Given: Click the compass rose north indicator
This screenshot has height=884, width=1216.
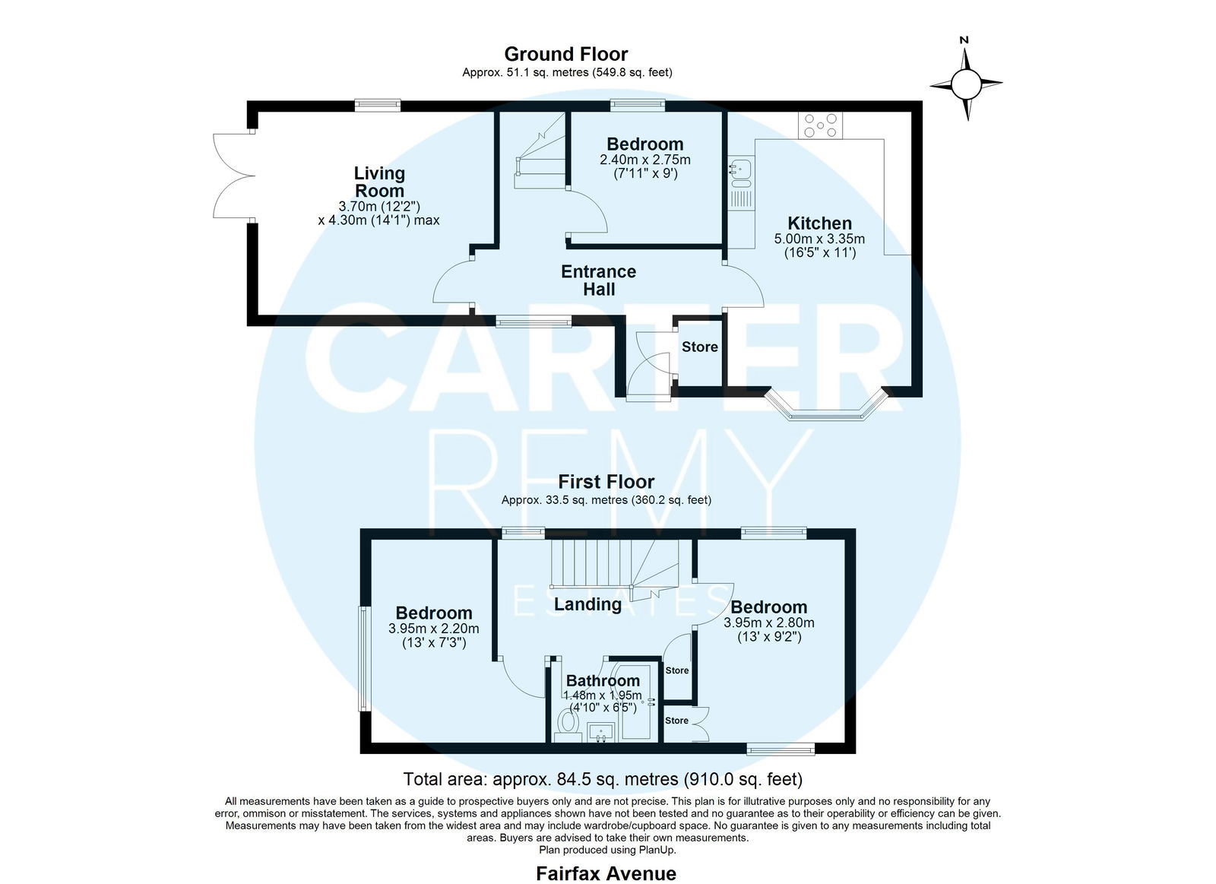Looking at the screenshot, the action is click(966, 79).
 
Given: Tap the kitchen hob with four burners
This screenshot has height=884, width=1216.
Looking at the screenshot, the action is click(820, 125).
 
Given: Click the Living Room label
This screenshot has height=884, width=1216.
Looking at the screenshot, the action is click(379, 182).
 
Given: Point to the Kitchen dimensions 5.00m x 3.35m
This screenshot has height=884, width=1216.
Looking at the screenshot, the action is click(819, 239).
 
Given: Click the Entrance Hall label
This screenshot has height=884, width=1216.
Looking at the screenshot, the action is click(598, 280).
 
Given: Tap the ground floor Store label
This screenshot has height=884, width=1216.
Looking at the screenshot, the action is click(700, 347).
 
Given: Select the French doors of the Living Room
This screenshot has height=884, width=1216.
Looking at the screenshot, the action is click(233, 176).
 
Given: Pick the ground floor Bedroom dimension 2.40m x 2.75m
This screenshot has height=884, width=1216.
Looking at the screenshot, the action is click(645, 160).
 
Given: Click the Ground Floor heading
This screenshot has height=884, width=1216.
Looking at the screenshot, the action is click(566, 54).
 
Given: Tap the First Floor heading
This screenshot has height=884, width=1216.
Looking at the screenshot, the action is click(606, 482).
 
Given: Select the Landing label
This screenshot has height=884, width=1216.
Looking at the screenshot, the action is click(587, 604).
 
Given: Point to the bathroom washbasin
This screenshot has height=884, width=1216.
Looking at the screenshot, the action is click(600, 731).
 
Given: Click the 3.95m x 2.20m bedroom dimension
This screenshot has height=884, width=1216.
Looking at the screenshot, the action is click(434, 629).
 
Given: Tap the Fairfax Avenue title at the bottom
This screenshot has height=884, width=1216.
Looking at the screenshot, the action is click(606, 873).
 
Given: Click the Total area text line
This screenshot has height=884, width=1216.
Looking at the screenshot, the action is click(603, 779).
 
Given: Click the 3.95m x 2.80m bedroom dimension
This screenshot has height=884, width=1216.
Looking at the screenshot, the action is click(768, 623).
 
